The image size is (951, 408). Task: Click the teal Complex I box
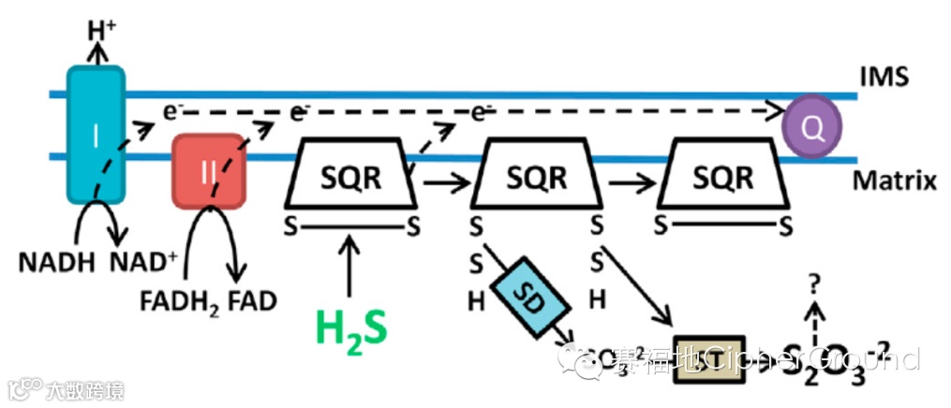point(95,136)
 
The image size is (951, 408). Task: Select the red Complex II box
point(208,170)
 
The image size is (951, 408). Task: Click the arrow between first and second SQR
point(444,182)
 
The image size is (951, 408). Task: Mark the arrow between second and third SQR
point(630,182)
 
